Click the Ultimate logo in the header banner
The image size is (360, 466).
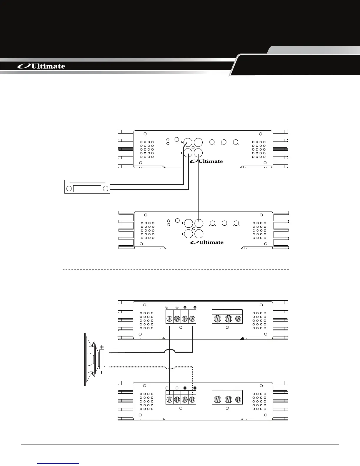tap(41, 66)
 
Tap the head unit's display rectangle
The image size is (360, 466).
tap(87, 189)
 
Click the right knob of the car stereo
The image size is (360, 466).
tap(106, 189)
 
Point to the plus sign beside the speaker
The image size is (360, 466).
tap(102, 347)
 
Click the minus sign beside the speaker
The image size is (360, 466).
tap(101, 372)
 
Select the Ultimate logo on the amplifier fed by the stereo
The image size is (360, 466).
tap(206, 161)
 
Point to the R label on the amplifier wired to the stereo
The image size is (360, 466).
tap(182, 153)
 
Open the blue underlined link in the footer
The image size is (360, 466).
tap(59, 463)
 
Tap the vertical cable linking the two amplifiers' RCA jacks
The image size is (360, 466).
tap(199, 188)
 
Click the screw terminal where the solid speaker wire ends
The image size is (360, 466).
tap(192, 319)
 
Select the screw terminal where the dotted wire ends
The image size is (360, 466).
tap(192, 400)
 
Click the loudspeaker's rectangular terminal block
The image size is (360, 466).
tap(102, 360)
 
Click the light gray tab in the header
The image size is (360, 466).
tap(315, 50)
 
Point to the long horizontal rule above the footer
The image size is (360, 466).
tap(180, 445)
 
